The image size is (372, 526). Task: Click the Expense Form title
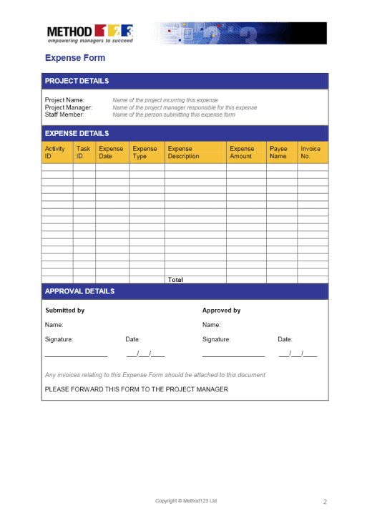[x=75, y=58]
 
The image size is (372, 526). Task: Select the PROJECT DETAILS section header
[x=77, y=81]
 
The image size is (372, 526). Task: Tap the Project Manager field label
[x=69, y=107]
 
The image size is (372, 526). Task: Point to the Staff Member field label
[x=64, y=115]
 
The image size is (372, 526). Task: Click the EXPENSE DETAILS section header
[x=77, y=133]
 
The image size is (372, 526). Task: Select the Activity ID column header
[x=56, y=152]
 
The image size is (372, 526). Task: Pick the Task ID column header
[x=84, y=152]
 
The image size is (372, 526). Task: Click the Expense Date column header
[x=112, y=152]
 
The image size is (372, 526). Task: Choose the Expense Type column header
[x=146, y=152]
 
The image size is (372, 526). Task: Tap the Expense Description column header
[x=185, y=152]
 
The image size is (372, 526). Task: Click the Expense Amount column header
[x=243, y=152]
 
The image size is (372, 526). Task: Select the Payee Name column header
[x=279, y=152]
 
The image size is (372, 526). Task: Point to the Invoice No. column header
[x=310, y=152]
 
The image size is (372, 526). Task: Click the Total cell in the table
[x=176, y=280]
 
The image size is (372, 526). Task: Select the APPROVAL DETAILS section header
[x=79, y=291]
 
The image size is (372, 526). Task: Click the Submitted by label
[x=65, y=311]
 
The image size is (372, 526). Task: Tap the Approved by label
[x=222, y=311]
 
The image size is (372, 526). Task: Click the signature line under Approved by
[x=233, y=355]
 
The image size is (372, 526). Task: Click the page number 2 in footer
[x=325, y=502]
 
